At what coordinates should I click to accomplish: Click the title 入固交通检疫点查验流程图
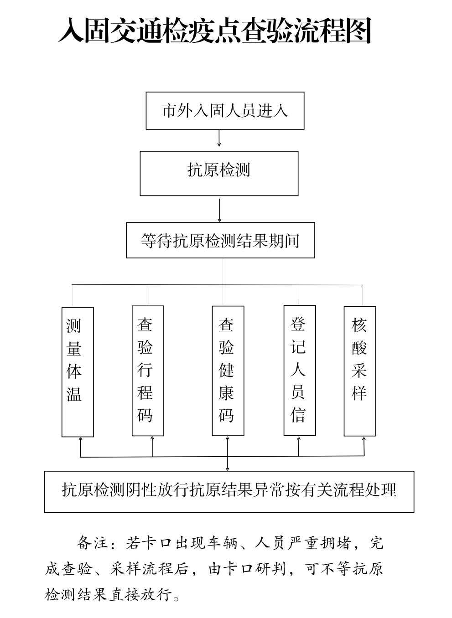tap(215, 31)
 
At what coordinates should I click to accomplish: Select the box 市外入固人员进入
tap(225, 111)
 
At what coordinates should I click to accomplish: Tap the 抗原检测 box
tap(219, 173)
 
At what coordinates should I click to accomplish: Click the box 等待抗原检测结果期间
tap(220, 240)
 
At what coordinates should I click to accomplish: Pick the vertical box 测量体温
tap(78, 371)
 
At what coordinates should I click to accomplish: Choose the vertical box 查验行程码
tap(148, 371)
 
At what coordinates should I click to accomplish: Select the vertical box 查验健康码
tap(228, 371)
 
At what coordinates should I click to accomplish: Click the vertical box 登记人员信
tap(300, 370)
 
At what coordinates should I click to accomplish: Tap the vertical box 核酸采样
tap(360, 371)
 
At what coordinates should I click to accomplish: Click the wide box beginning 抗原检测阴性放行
tap(229, 491)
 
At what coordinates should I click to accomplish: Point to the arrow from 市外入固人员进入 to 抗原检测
tap(219, 139)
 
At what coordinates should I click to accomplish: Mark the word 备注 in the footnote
tap(93, 543)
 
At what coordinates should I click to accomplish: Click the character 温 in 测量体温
tap(74, 394)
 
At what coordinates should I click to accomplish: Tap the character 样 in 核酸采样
tap(359, 393)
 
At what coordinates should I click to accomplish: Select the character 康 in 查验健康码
tap(226, 393)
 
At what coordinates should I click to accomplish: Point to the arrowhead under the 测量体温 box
tap(81, 439)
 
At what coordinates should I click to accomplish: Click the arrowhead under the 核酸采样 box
tap(364, 438)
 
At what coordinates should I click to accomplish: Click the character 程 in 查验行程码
tap(145, 393)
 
